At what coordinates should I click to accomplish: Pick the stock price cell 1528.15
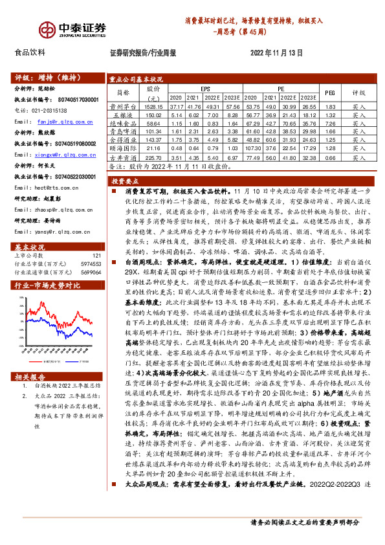click(x=153, y=106)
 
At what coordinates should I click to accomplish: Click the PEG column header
click(x=329, y=93)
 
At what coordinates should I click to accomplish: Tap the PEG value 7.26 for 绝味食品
click(x=329, y=122)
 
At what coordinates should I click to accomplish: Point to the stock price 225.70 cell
click(x=153, y=157)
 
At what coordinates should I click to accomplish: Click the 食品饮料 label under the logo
click(x=30, y=52)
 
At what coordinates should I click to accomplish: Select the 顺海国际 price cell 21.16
click(x=153, y=148)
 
